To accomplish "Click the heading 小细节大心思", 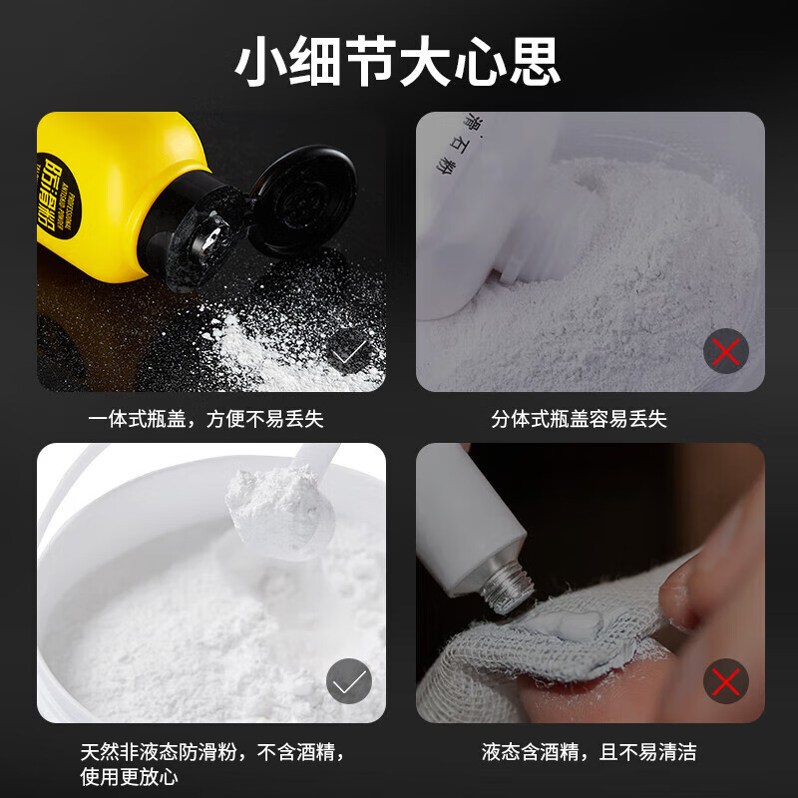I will click(x=398, y=61).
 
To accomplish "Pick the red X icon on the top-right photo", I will click(x=726, y=350).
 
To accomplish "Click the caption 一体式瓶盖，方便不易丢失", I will click(x=205, y=420).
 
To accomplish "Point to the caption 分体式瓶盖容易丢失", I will click(x=579, y=420).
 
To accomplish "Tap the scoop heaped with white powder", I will click(x=274, y=504).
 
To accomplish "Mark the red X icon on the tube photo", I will click(x=726, y=682).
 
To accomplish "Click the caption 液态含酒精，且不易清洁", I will click(x=589, y=751).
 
